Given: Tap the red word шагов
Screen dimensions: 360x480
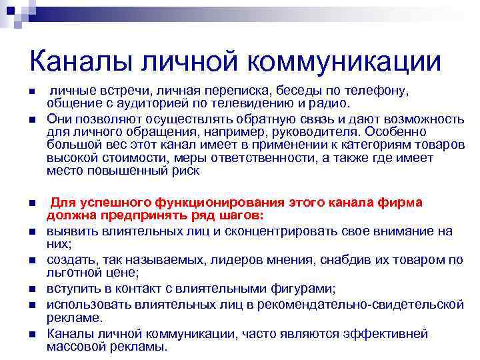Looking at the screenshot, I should tap(242, 215).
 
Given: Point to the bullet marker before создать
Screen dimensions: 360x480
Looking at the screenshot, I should tap(32, 260).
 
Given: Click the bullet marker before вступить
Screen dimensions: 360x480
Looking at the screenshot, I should tap(32, 289).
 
